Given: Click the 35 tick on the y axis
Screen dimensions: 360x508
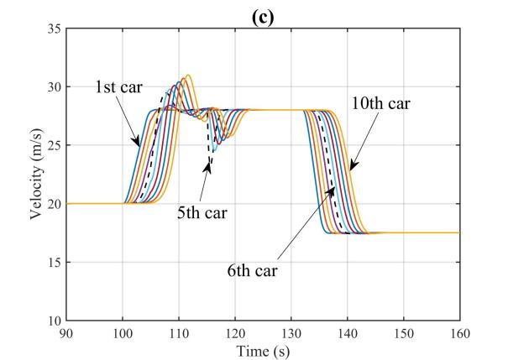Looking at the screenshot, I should point(55,29).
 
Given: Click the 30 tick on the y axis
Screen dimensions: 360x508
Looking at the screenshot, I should point(55,87).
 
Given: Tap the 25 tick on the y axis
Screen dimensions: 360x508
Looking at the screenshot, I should point(55,145).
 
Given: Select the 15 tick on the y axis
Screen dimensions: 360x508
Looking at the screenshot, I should point(55,262).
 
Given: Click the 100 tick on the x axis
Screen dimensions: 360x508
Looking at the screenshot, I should point(123,331).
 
